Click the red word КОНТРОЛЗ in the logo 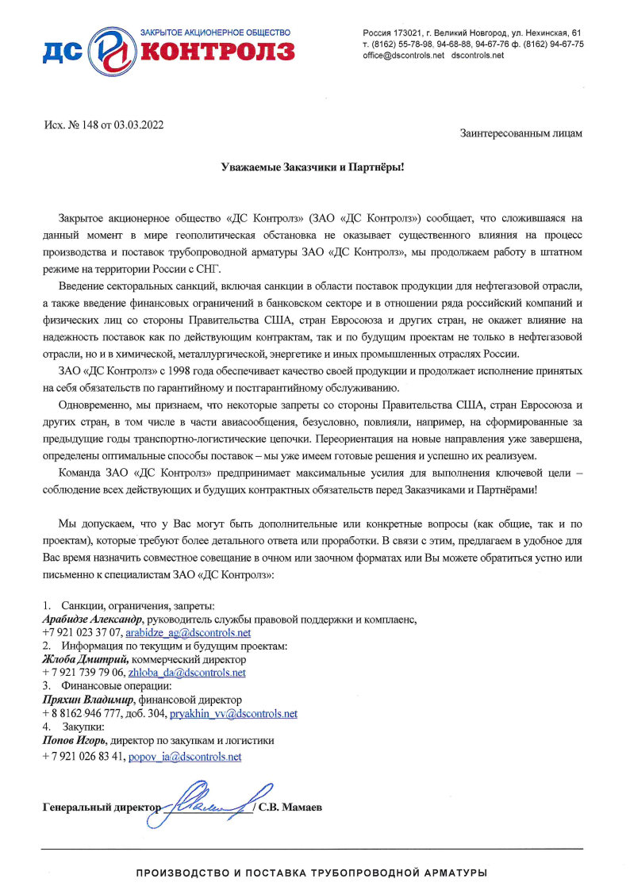[x=217, y=52]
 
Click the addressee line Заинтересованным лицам [x=521, y=133]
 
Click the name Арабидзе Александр [x=92, y=619]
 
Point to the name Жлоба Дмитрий [x=85, y=659]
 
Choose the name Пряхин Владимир [x=88, y=700]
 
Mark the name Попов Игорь [x=74, y=741]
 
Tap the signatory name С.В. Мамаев [x=291, y=808]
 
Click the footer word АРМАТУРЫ [x=451, y=873]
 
